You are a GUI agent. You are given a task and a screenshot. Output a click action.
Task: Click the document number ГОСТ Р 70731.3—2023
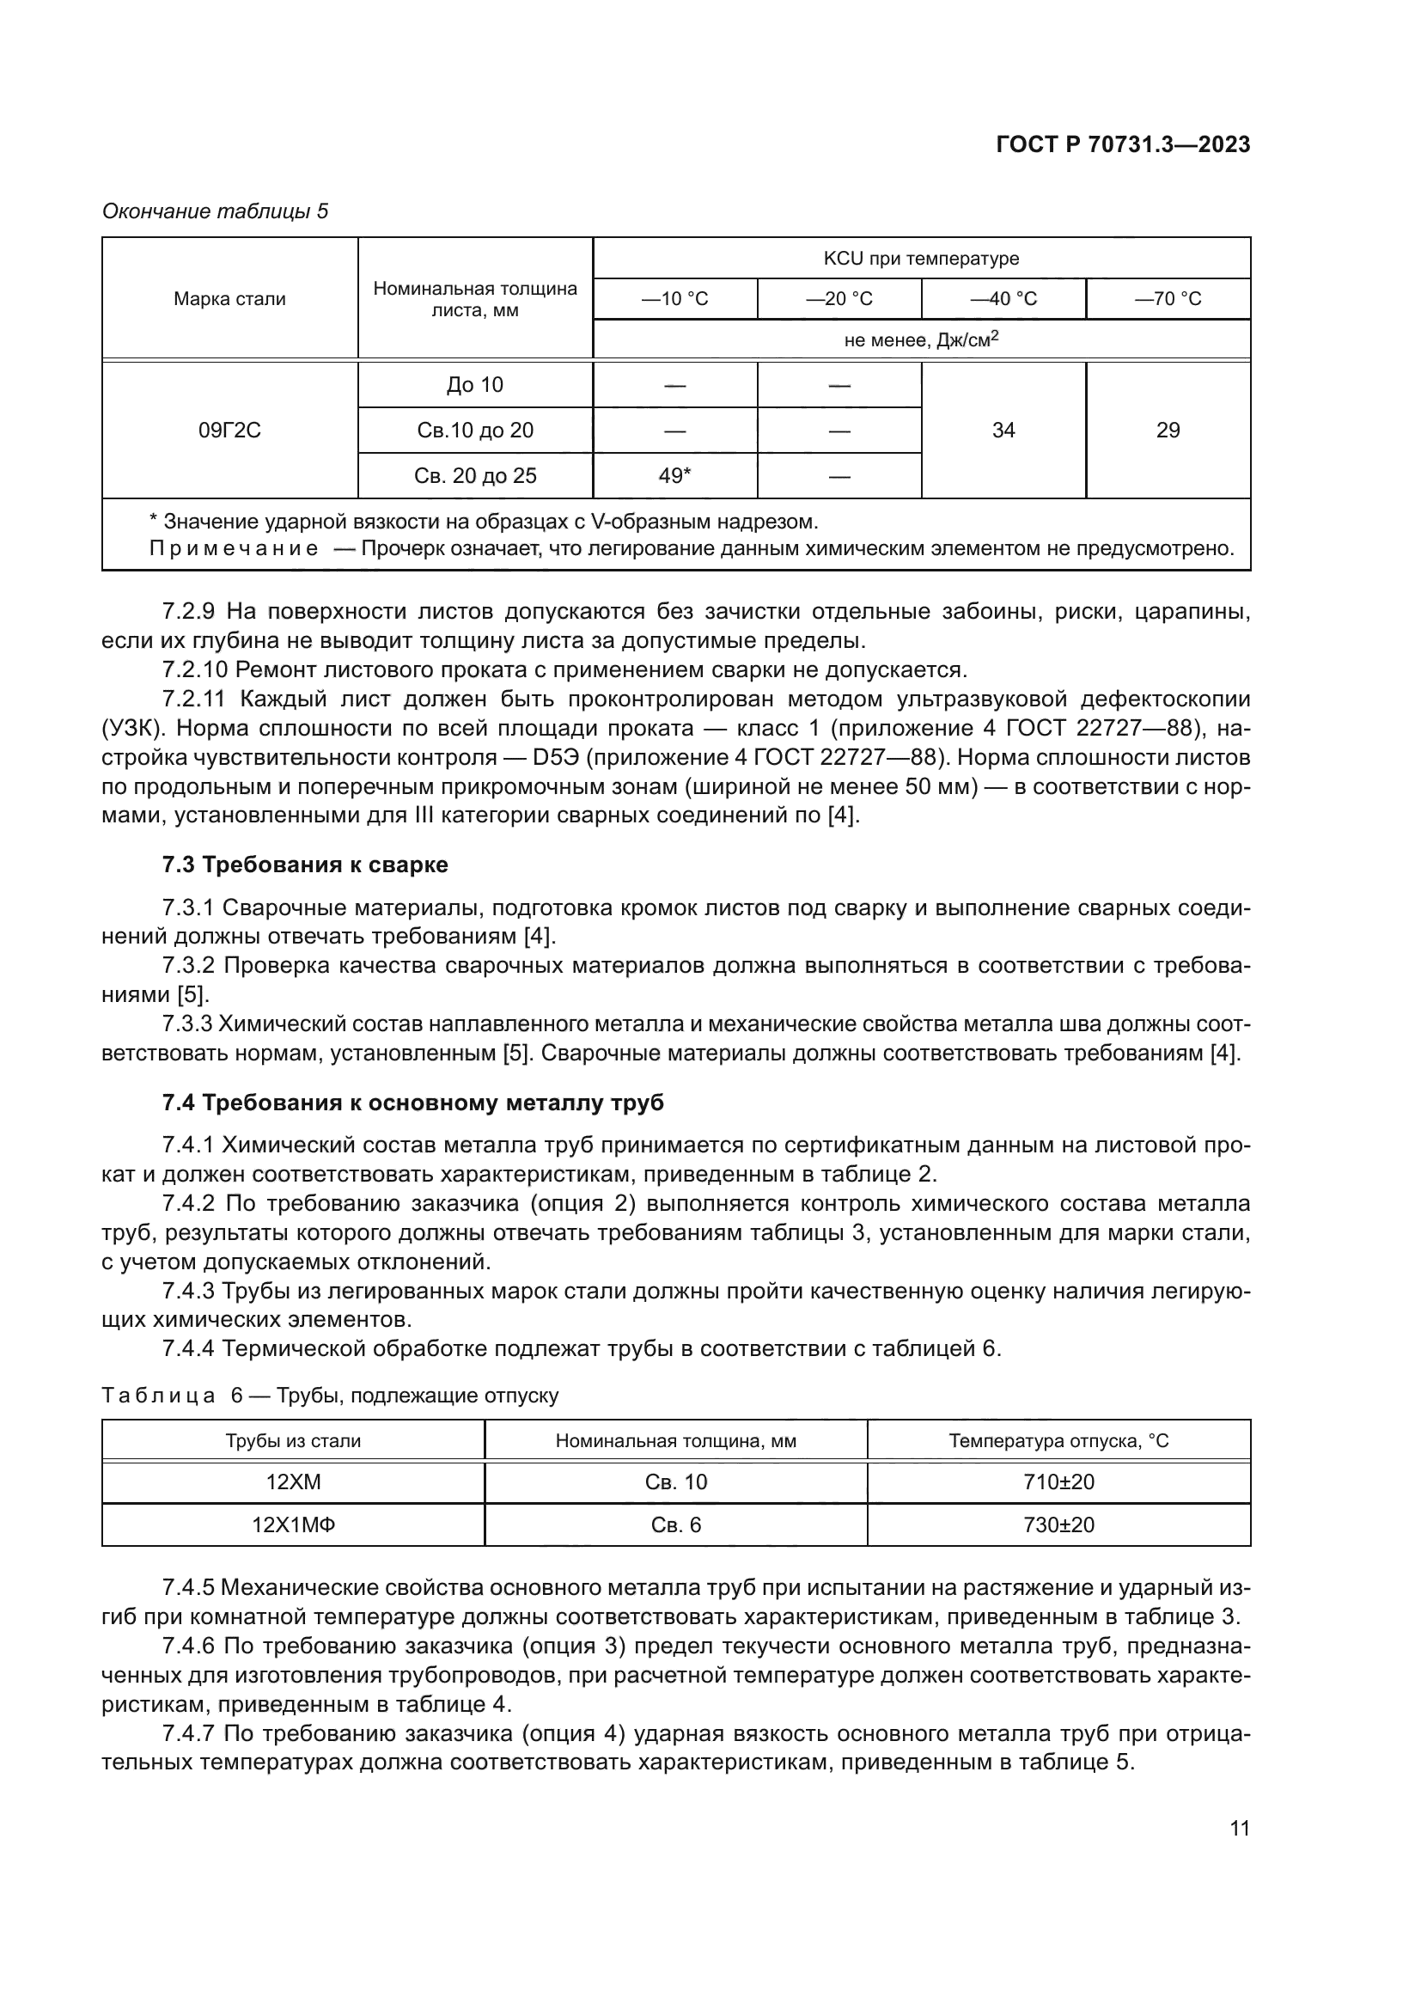[1123, 145]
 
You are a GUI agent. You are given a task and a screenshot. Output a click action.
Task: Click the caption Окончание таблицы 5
[216, 211]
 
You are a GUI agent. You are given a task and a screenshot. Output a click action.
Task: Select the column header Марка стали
[229, 298]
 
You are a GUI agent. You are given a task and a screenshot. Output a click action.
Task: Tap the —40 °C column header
[1003, 298]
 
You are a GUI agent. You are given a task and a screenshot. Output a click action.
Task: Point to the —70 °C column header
[1168, 298]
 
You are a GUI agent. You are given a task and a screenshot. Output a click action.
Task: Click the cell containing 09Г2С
[229, 430]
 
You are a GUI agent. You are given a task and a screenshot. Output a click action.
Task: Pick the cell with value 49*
[674, 475]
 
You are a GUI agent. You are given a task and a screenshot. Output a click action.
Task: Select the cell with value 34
[1003, 430]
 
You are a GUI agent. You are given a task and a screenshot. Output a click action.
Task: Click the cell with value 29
[1168, 430]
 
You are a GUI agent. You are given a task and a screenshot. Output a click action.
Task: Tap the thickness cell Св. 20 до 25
[474, 475]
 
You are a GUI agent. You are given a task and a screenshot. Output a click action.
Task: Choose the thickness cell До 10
[474, 384]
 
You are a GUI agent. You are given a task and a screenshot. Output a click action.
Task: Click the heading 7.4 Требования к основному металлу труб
[412, 1103]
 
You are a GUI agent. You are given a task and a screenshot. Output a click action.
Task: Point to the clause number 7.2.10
[194, 669]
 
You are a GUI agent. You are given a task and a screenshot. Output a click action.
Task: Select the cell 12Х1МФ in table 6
[293, 1524]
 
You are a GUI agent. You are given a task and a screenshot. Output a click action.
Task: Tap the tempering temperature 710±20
[1058, 1482]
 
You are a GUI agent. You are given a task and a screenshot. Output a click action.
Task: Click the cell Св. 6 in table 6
[675, 1524]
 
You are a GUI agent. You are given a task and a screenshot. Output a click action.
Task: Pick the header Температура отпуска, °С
[1058, 1440]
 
